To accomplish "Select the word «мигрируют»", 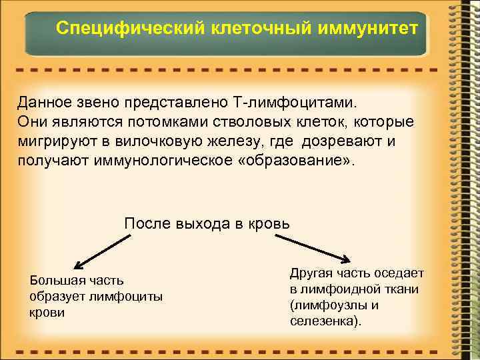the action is tap(53, 142).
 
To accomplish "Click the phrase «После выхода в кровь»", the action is tap(207, 223).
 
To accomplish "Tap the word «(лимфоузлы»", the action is tap(327, 305).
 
